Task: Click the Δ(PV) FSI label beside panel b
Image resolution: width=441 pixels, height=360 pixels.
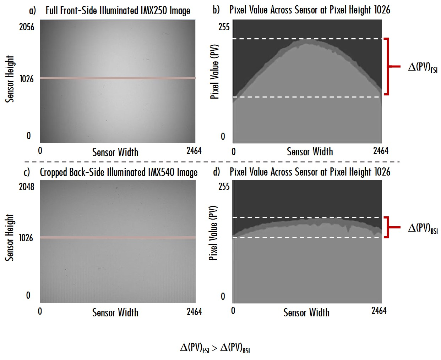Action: click(x=423, y=67)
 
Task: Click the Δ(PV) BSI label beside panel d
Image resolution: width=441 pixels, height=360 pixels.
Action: click(x=423, y=228)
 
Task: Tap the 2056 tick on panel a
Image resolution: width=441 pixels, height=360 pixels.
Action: click(x=27, y=27)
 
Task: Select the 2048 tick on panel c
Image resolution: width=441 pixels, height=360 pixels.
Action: click(x=27, y=187)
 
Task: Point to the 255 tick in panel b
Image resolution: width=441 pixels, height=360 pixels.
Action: click(x=224, y=27)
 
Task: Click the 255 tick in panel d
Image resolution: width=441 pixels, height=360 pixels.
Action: click(x=224, y=187)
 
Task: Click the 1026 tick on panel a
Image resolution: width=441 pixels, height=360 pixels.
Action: click(x=27, y=79)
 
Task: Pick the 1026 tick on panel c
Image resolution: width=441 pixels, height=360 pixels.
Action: click(x=26, y=238)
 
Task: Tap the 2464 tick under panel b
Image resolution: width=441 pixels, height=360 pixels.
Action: click(x=381, y=151)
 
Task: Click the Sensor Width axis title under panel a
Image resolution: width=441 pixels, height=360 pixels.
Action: click(x=115, y=152)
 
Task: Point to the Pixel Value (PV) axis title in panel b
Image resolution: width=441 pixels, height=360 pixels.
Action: click(x=214, y=71)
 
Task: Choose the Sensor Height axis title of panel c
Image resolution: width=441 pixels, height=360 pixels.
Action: click(x=10, y=237)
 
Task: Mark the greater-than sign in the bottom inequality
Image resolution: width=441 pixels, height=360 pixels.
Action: click(x=214, y=348)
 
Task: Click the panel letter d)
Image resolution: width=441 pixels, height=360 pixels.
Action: click(x=216, y=172)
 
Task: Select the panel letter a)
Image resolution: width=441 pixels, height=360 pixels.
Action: click(x=32, y=10)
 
